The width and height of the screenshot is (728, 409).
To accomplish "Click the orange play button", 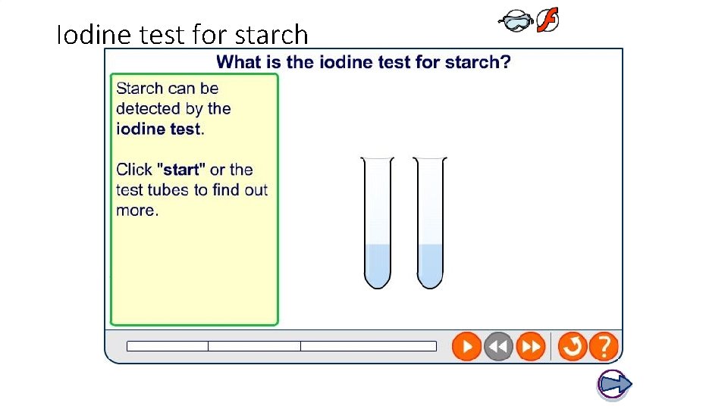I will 466,347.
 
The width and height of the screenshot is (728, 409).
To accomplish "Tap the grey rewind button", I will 498,347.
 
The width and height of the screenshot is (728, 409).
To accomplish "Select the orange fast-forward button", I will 530,347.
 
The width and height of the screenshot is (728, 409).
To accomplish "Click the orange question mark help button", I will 604,347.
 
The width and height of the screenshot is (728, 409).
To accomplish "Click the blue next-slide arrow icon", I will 614,385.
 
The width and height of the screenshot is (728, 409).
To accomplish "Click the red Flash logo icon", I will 548,21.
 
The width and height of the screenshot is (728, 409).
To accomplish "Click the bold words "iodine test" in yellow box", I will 158,129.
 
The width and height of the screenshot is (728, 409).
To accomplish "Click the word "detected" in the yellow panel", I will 148,108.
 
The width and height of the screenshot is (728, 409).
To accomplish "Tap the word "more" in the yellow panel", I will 136,210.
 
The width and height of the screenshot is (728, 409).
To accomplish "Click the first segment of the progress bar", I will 168,346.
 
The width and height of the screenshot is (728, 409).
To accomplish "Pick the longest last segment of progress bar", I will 369,346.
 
